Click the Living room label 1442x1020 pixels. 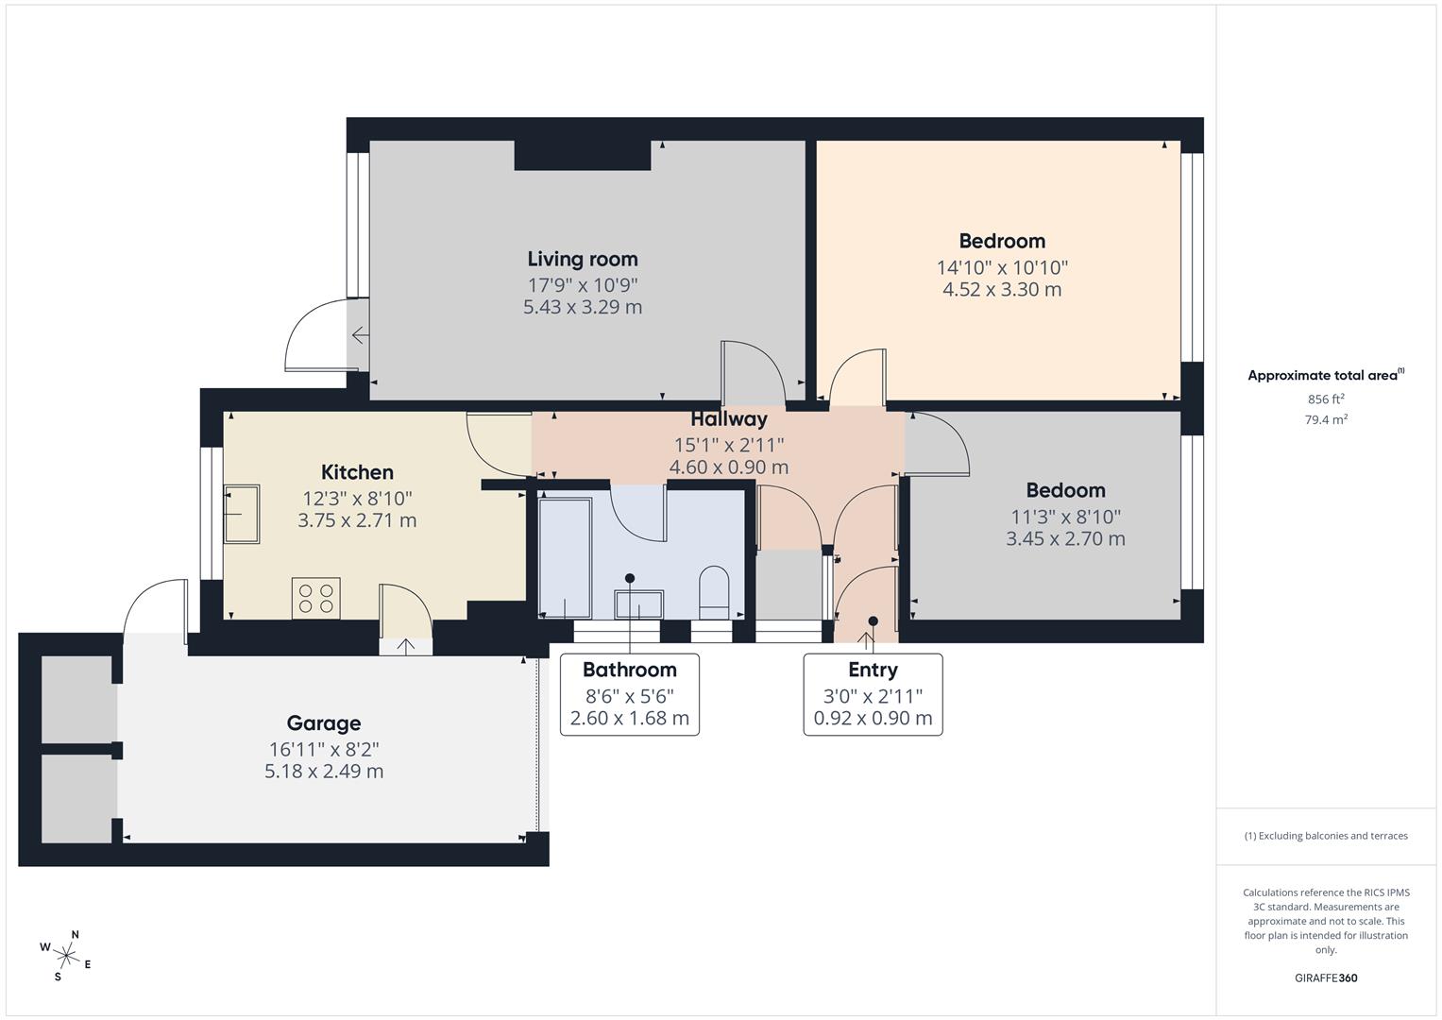click(583, 260)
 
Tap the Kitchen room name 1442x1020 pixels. click(357, 472)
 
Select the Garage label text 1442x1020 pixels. click(324, 723)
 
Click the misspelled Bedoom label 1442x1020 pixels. click(1066, 490)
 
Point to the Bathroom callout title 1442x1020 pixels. click(630, 670)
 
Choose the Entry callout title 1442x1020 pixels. click(873, 670)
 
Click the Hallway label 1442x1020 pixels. click(729, 419)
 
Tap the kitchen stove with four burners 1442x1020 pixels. click(316, 598)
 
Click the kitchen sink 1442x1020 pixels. click(242, 514)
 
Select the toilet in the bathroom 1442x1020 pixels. click(713, 592)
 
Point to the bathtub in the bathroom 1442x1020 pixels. click(566, 557)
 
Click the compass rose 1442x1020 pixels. click(66, 956)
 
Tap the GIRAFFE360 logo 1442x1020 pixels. click(1326, 977)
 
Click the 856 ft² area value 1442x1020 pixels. click(1326, 399)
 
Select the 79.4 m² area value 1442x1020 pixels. click(1326, 420)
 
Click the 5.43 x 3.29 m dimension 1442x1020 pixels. click(583, 307)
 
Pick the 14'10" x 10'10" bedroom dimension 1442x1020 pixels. click(1002, 267)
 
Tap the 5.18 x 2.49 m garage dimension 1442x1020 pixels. click(324, 772)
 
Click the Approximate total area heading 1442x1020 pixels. click(1326, 375)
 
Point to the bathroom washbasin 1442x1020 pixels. click(638, 604)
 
